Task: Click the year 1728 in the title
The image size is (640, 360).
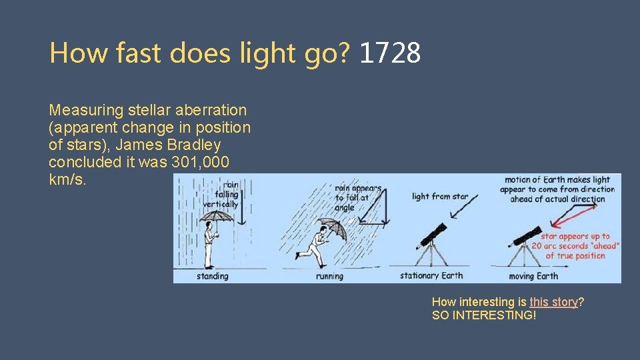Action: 390,52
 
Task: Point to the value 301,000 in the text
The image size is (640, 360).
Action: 201,163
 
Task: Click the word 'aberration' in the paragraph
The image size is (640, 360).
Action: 213,109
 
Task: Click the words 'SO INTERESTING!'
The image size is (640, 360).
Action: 483,315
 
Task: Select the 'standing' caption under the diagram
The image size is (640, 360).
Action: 212,276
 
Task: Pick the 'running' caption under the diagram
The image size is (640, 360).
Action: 329,276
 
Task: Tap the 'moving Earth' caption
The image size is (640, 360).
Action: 533,276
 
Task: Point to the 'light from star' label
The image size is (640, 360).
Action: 440,197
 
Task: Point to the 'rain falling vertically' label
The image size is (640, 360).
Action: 231,194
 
